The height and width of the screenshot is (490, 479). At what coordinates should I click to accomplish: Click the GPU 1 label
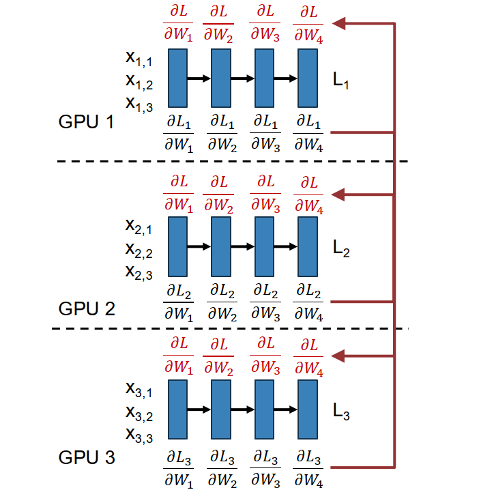tap(86, 123)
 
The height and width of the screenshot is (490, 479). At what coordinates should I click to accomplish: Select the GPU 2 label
tap(86, 308)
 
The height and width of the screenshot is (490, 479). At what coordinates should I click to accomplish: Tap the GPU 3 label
tap(86, 457)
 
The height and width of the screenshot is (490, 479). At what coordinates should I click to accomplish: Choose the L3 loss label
tap(341, 412)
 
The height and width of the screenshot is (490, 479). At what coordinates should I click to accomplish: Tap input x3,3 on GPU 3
tap(139, 434)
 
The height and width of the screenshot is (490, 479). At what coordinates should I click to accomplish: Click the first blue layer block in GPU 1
tap(178, 79)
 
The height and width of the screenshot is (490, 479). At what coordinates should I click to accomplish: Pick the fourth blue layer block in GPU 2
tap(308, 246)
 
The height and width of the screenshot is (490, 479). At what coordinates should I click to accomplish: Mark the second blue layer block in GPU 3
tap(221, 409)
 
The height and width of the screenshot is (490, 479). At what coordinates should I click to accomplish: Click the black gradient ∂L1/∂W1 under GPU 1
tap(178, 132)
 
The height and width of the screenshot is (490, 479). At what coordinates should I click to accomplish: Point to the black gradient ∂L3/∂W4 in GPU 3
tap(308, 465)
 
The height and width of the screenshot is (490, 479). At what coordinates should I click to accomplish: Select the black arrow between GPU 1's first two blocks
tap(199, 79)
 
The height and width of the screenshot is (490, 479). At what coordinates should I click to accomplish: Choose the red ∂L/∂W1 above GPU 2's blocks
tap(178, 194)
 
